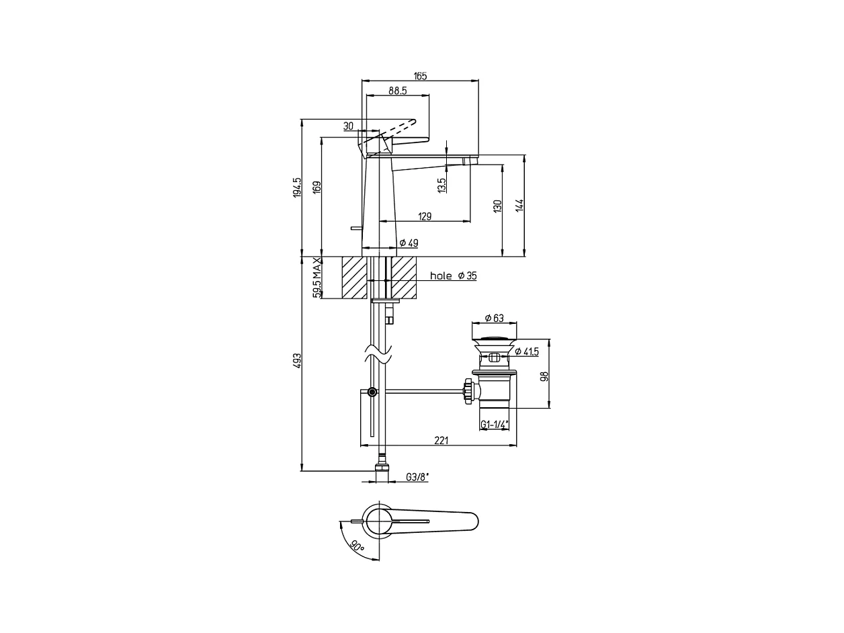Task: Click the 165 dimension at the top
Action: point(420,76)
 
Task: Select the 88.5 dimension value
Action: point(398,91)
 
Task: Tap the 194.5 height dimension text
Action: point(297,187)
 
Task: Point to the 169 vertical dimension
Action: point(317,187)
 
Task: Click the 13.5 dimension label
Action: point(441,185)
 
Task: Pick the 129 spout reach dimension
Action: point(425,216)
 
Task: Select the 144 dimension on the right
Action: point(519,206)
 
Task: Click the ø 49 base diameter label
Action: point(409,243)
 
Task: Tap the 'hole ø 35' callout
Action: point(454,276)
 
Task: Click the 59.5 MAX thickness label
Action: point(317,278)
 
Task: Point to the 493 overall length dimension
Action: point(297,361)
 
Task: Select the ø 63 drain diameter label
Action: point(494,318)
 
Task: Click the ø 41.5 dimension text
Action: point(527,351)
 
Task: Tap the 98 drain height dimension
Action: point(544,376)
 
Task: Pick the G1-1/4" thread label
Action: point(495,424)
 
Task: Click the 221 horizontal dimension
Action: point(441,440)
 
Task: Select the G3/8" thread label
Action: point(417,477)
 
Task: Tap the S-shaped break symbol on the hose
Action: point(378,354)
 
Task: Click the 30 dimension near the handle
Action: point(348,126)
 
